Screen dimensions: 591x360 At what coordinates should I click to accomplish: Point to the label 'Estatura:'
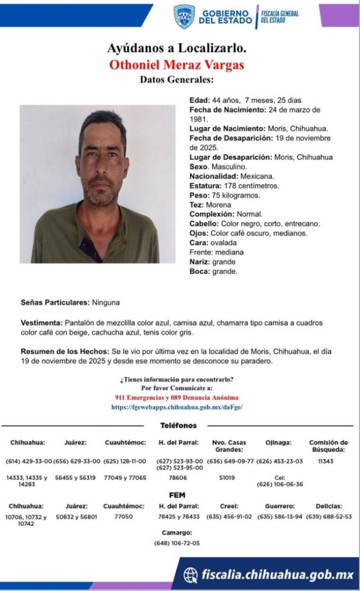[205, 186]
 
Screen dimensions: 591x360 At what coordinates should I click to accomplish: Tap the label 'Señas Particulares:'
[55, 303]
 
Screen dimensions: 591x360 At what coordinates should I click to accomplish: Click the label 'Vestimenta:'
[42, 323]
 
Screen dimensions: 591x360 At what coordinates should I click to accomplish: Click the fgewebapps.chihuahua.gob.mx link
[177, 407]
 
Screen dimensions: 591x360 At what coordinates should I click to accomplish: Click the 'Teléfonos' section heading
[178, 425]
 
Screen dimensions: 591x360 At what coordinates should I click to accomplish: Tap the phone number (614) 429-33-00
[29, 461]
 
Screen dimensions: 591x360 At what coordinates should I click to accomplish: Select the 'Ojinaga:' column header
[278, 443]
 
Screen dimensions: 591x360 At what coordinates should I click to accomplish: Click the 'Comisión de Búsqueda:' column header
[328, 446]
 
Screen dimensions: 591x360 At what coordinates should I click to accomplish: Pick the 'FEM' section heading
[179, 494]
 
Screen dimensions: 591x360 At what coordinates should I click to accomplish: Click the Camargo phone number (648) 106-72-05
[177, 543]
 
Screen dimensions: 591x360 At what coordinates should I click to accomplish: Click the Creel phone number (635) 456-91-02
[229, 516]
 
